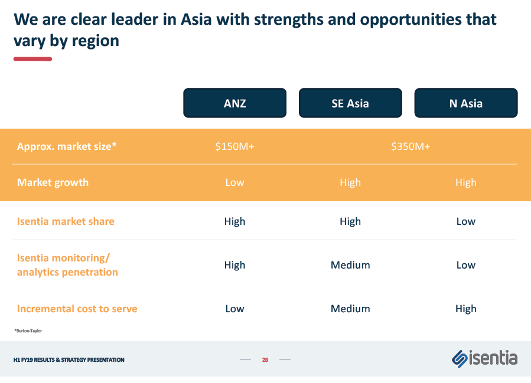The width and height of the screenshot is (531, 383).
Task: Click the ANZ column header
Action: [234, 103]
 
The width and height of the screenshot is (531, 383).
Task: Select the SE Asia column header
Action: [350, 103]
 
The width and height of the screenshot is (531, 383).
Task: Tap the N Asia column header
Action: [466, 103]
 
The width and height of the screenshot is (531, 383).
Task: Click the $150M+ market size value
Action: [234, 146]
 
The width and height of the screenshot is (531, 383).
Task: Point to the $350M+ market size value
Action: [411, 146]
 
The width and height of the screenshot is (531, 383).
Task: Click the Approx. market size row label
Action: [67, 146]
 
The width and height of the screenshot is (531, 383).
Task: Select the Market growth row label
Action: [53, 182]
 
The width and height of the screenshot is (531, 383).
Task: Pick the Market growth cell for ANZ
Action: [234, 182]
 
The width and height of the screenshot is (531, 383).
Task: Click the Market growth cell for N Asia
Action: [466, 183]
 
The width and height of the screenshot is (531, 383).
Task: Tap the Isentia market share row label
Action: [66, 221]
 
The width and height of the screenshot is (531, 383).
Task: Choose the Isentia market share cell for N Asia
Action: [466, 221]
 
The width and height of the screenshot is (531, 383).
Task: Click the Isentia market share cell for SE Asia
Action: [350, 222]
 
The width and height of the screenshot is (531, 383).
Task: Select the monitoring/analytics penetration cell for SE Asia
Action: [350, 265]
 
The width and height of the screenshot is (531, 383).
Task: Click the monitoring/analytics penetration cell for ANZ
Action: [234, 265]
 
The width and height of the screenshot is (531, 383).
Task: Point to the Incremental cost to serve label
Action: [77, 309]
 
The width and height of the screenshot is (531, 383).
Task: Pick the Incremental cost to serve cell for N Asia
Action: [466, 309]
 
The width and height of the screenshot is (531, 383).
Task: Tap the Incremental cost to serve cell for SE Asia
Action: [350, 309]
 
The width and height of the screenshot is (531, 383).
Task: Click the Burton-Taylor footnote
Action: [28, 330]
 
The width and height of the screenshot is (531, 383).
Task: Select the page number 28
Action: [265, 359]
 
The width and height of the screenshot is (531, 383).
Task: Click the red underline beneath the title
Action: [33, 59]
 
